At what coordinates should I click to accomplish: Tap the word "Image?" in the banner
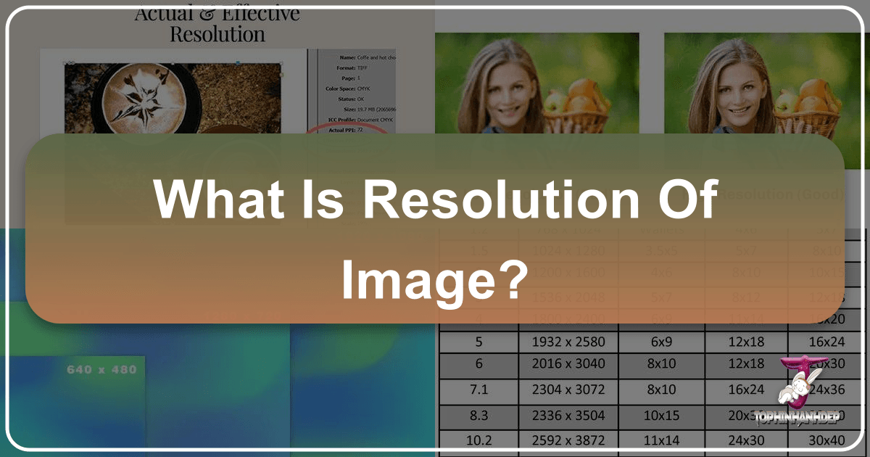coord(433,279)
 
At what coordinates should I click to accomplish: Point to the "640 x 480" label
coord(101,370)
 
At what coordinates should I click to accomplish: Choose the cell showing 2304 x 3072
coord(568,390)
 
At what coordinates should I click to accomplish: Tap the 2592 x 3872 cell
coord(568,440)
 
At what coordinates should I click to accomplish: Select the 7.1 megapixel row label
coord(478,390)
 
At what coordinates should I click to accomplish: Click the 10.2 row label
coord(478,440)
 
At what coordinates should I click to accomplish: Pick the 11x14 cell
coord(660,440)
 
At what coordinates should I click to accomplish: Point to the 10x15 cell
coord(660,415)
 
